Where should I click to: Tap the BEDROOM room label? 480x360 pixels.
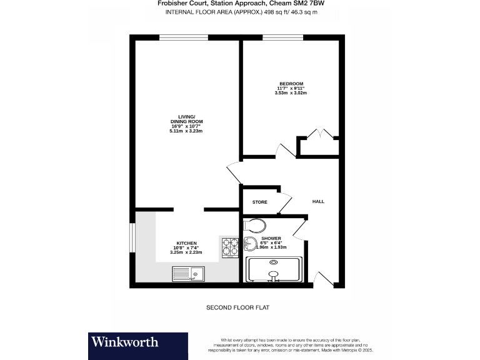(x=291, y=84)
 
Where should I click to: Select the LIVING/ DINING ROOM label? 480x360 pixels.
(x=187, y=119)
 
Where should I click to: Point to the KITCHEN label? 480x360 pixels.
(x=186, y=243)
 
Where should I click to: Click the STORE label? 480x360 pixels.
(x=260, y=202)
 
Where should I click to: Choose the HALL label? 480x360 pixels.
(x=319, y=201)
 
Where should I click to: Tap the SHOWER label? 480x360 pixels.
(x=271, y=239)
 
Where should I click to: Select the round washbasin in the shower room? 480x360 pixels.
(x=251, y=245)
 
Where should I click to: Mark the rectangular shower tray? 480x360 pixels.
(x=274, y=270)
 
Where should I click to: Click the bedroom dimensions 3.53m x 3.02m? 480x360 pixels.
(x=291, y=93)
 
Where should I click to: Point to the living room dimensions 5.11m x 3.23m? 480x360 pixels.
(x=187, y=131)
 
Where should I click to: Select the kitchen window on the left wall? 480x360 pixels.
(x=132, y=236)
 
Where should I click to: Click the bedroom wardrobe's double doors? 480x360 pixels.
(x=318, y=134)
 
